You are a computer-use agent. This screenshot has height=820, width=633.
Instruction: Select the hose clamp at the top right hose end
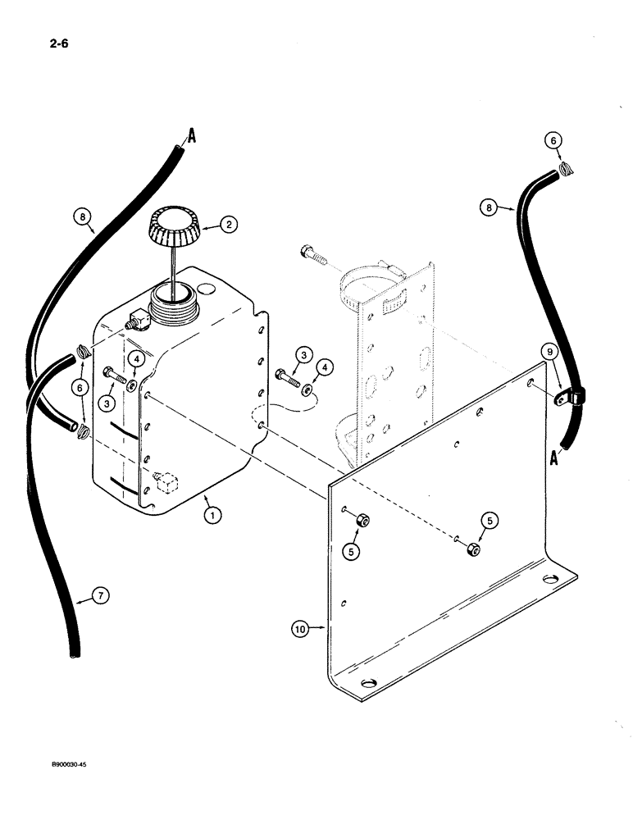(564, 171)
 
